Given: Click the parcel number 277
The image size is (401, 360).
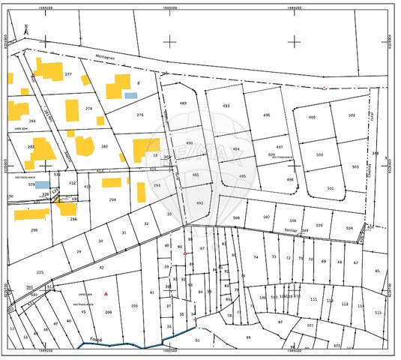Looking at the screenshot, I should point(68,74).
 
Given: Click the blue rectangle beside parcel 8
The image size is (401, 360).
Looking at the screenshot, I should point(131,95).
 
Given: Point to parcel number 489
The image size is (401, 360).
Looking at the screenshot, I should point(182,103).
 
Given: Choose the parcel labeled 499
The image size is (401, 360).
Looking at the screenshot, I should point(312,117).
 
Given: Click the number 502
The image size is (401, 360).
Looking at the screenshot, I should point(352,115).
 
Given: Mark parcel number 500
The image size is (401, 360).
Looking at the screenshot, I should point(319,154).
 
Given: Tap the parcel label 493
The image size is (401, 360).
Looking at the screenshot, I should point(226,106).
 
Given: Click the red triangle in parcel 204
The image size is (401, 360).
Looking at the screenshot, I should point(106,293).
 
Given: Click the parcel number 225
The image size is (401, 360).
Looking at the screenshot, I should point(40,272).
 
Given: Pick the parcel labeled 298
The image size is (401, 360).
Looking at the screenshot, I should point(33,230).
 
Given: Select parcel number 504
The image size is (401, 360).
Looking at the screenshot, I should point(349,227).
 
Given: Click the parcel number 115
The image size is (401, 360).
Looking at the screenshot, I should point(378,313).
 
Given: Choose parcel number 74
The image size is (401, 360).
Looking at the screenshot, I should point(255,257).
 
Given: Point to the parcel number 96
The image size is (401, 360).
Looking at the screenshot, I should point(248,337).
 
